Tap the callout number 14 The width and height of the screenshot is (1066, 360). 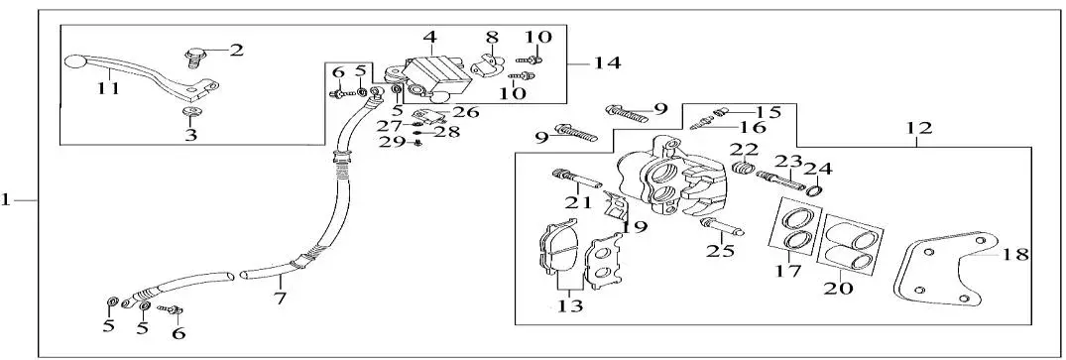click(x=607, y=63)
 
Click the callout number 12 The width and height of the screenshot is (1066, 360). click(x=919, y=127)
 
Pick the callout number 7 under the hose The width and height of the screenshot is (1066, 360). click(x=280, y=298)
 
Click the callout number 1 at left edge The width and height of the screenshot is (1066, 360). click(x=5, y=200)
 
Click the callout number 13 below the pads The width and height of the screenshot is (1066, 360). click(x=570, y=306)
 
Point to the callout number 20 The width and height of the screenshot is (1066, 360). click(x=838, y=288)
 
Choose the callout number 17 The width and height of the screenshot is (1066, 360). click(x=788, y=271)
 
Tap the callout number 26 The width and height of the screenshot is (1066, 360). click(x=466, y=112)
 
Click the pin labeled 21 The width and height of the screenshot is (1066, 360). click(x=578, y=179)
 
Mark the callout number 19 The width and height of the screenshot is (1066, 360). click(x=635, y=226)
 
